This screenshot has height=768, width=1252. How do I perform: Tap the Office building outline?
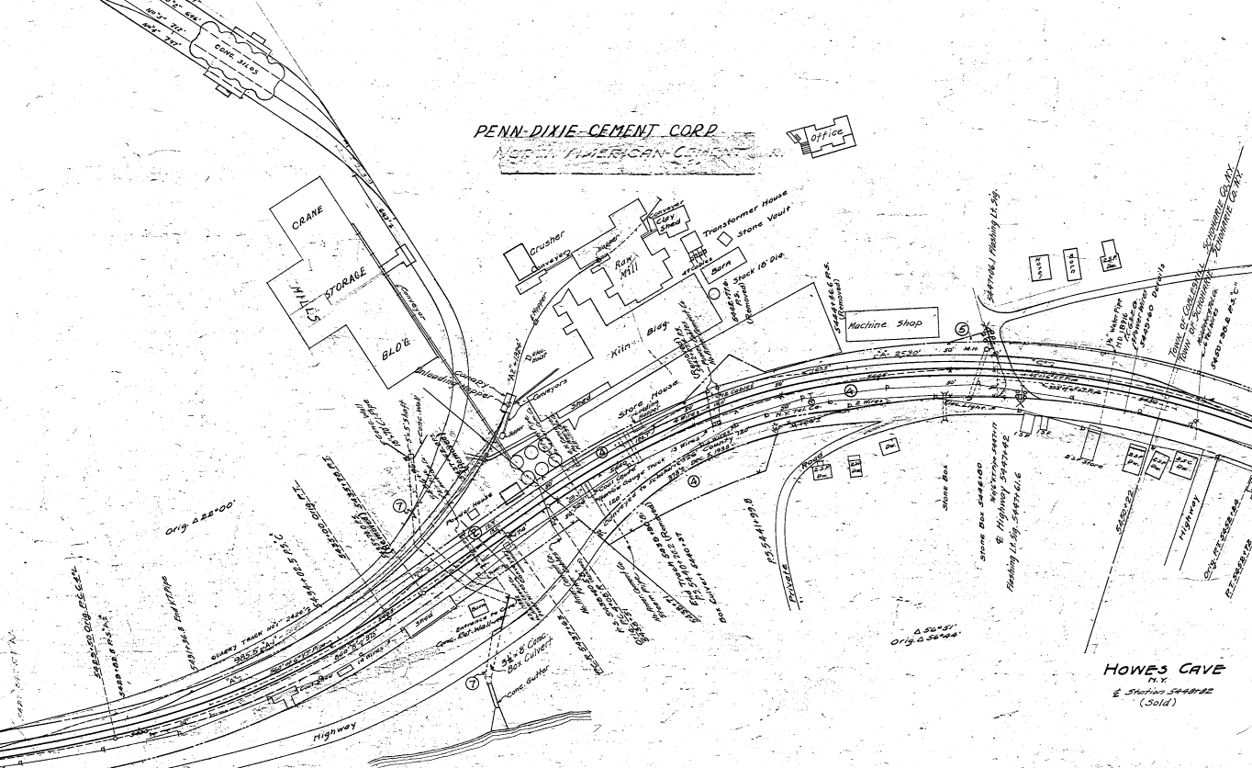[824, 137]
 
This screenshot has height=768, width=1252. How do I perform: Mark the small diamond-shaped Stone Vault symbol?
[725, 238]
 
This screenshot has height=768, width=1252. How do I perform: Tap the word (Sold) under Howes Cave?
[1158, 703]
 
